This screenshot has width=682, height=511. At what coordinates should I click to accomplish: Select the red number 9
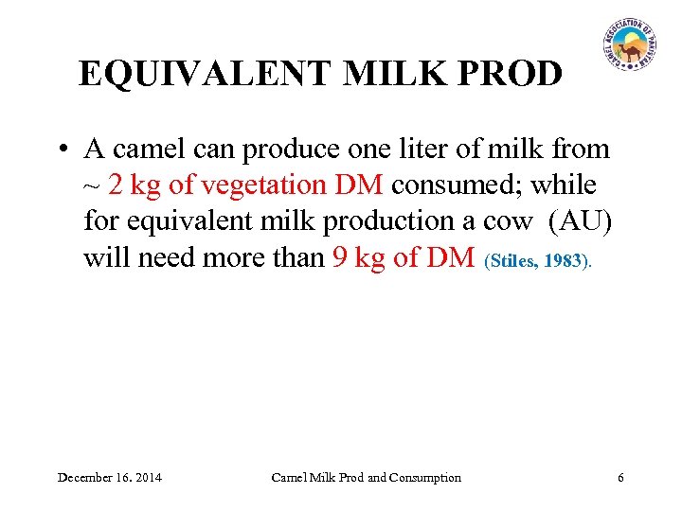pyautogui.click(x=341, y=256)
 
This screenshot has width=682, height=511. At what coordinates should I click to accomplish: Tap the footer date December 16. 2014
pyautogui.click(x=109, y=477)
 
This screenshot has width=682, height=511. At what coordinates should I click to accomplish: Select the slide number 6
pyautogui.click(x=620, y=477)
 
